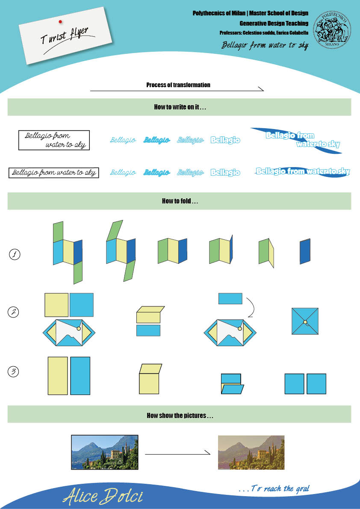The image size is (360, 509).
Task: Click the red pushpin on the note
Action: tap(60, 21)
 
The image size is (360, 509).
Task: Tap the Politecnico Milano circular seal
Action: tap(333, 29)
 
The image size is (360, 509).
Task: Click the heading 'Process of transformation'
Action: tap(178, 85)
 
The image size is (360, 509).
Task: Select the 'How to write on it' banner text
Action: tap(180, 107)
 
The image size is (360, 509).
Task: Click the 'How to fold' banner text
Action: tap(180, 201)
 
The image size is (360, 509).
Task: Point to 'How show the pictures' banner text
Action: tap(180, 415)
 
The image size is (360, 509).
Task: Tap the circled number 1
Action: tap(15, 255)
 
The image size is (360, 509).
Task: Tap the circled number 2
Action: tap(14, 312)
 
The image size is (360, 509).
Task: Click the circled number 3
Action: tap(14, 372)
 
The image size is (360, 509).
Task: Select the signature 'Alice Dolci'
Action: tap(103, 496)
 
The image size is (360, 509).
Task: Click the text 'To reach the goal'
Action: tap(274, 488)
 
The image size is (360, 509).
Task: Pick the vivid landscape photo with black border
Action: tap(105, 453)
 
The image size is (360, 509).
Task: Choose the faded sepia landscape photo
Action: tap(251, 453)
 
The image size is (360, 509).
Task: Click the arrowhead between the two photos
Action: tap(209, 454)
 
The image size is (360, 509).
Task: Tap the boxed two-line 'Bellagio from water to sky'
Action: tap(54, 140)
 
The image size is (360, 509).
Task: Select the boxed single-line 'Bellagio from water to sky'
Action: tap(54, 173)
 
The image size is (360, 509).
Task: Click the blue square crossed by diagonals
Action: tap(305, 321)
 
